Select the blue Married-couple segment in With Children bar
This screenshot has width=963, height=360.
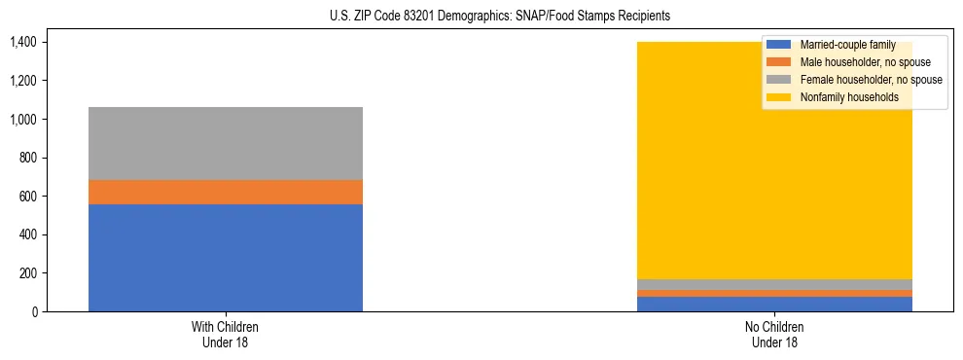(226, 258)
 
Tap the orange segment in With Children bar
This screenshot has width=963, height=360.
(226, 193)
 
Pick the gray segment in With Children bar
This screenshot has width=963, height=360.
(226, 143)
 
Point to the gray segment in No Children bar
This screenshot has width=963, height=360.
(775, 285)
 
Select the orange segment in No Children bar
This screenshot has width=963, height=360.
(775, 293)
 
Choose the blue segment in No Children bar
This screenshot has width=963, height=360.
(775, 304)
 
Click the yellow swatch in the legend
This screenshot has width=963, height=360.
(779, 97)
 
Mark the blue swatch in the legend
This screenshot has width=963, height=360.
(779, 45)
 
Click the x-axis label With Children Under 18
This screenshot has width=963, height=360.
(226, 335)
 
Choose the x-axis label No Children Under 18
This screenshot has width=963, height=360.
(775, 335)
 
